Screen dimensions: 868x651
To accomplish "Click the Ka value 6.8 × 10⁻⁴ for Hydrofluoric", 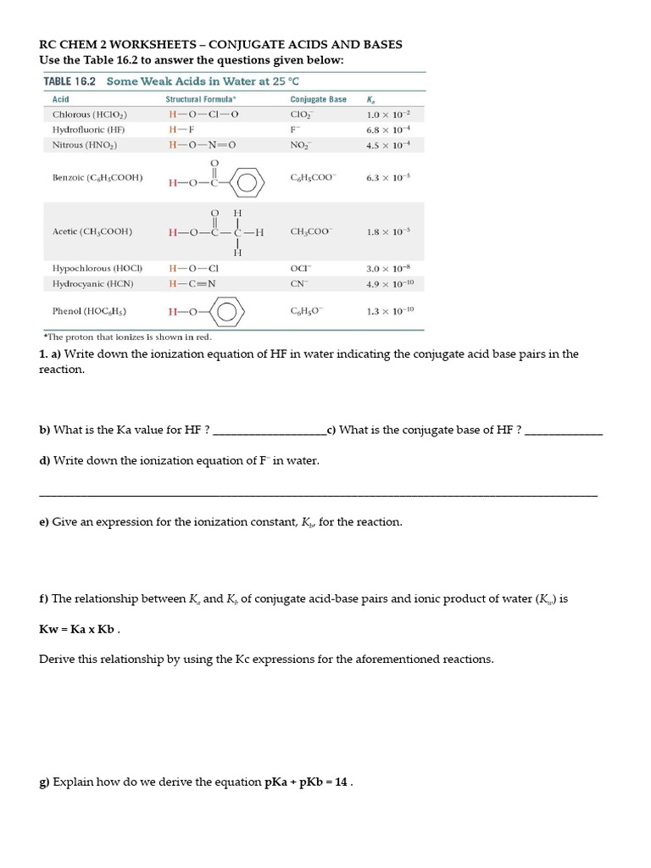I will click(x=387, y=130).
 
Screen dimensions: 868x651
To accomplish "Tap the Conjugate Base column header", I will click(x=318, y=99).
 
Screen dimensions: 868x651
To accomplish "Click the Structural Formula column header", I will click(x=200, y=99).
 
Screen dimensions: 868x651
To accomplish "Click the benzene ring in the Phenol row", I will click(x=226, y=312).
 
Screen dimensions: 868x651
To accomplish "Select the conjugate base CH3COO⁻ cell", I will click(x=311, y=231).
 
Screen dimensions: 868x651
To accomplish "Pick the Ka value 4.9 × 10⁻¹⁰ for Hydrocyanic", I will click(x=389, y=284).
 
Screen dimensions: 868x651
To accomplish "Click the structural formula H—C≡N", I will click(x=192, y=284).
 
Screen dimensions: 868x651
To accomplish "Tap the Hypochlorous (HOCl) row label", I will click(x=97, y=269).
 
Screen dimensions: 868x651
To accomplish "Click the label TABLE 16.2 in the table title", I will click(x=70, y=81).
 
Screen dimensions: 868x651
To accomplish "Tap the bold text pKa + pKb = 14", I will click(x=307, y=782).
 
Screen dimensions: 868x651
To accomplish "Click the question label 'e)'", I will click(x=44, y=522).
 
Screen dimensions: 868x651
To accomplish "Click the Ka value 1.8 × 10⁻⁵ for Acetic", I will click(x=388, y=231).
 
